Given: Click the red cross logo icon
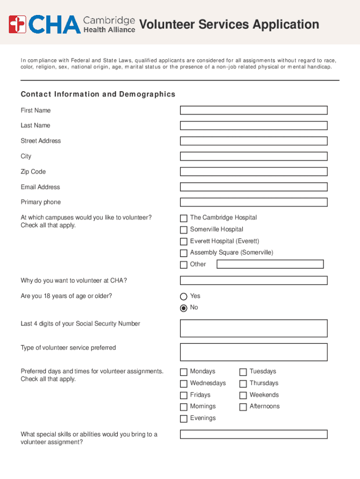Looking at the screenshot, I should pos(17,24).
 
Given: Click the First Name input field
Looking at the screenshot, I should pos(253,110).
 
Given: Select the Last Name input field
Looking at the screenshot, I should pos(253,126).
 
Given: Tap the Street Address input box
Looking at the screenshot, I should pos(253,141).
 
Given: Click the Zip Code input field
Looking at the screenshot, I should pos(253,172).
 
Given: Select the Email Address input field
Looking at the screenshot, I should pos(253,187).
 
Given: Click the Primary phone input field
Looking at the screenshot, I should pos(253,203).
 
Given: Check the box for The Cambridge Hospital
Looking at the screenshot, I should pos(184,218).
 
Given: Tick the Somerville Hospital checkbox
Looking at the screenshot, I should pos(184,230).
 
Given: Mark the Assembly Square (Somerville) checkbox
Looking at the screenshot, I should pos(184,253).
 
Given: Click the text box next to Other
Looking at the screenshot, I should pos(270,264).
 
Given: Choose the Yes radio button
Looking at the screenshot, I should pos(184,296).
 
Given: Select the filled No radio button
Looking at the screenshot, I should pos(184,308).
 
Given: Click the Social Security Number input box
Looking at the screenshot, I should pos(253,328).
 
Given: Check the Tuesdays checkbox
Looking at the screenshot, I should pos(243,372).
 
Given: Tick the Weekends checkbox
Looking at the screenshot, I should pos(243,395).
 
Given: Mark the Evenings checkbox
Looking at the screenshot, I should pos(184,419).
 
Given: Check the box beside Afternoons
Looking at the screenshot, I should pos(243,407).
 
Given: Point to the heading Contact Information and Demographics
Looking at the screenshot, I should pos(98,94).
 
